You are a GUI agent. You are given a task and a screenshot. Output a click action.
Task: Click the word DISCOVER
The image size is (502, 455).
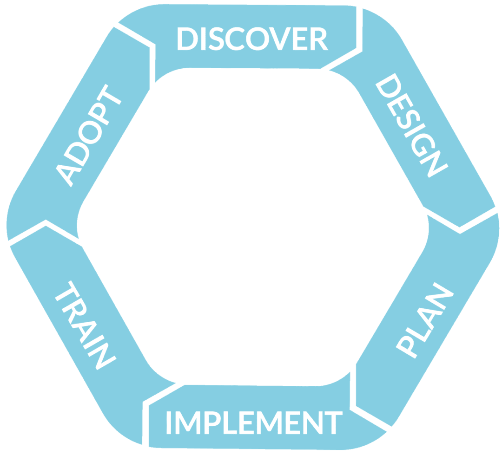pyautogui.click(x=252, y=39)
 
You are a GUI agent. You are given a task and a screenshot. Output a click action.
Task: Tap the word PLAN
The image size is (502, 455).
pyautogui.click(x=423, y=320)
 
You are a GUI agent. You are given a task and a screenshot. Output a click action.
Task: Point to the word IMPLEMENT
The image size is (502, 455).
pyautogui.click(x=254, y=422)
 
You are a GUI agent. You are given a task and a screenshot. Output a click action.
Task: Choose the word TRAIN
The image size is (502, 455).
pyautogui.click(x=85, y=325)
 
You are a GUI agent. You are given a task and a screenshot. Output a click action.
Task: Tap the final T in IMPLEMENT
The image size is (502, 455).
pyautogui.click(x=333, y=422)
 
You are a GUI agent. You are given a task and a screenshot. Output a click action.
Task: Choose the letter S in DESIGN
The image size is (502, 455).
pyautogui.click(x=403, y=113)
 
